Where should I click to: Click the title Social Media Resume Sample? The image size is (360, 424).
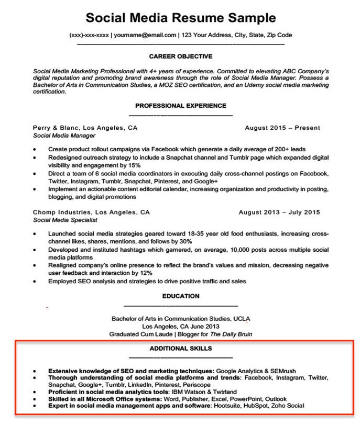pos(180,18)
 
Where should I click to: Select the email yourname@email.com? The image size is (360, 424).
pos(144,36)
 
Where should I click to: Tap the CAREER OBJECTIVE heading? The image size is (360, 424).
pos(180,57)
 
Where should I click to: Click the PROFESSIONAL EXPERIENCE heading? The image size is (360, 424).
pos(180,106)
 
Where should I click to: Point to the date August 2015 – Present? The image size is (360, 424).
pos(282,128)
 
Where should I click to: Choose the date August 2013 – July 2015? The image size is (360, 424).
pos(279,213)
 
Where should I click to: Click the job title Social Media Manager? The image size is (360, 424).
pos(64,136)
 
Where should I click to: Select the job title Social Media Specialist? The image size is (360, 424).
pos(66,220)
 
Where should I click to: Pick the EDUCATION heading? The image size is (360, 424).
pos(180,296)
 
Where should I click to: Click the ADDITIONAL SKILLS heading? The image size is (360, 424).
pos(180,348)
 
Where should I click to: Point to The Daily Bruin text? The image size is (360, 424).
pos(231,334)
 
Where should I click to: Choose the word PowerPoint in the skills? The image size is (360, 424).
pos(248,398)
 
